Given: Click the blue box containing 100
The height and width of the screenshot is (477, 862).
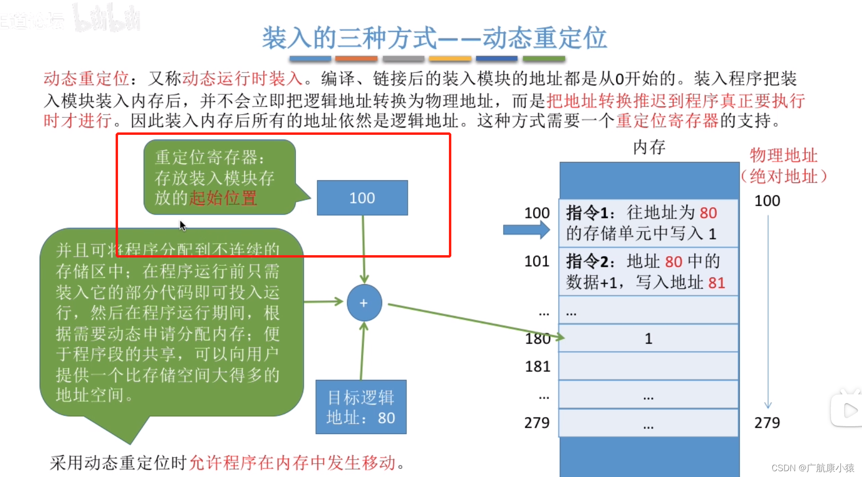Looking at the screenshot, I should coord(362,198).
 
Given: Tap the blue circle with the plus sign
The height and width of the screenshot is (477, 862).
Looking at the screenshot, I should coord(364,303).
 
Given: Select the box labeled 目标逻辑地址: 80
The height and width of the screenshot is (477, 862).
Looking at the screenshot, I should coord(361,407).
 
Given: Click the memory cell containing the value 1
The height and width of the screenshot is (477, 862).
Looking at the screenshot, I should coord(648,338).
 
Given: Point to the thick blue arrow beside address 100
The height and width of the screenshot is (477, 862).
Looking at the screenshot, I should coord(526,230).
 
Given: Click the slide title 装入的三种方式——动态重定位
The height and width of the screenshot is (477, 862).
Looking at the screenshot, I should coord(434,38).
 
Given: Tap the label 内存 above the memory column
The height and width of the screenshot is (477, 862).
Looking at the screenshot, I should coord(649,147).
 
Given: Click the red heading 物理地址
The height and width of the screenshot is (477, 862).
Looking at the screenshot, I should coord(783,156).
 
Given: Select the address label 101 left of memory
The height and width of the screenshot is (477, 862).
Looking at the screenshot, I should coord(537,261).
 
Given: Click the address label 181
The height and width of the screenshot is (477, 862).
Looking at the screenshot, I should coord(537,367).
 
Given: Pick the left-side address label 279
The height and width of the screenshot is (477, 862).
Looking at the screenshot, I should coord(537,423).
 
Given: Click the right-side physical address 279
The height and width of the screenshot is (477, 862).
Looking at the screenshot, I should coord(767,423).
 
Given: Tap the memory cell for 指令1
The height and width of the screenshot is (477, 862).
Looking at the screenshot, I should coord(648,223).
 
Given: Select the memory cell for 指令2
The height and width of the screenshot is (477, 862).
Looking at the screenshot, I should coord(648,272).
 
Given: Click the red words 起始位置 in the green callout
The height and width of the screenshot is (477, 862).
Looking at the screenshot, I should coord(223,198).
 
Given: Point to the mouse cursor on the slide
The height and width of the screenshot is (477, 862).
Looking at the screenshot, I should coord(182,225).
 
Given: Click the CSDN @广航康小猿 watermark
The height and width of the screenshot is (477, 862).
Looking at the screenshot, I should coord(813,468).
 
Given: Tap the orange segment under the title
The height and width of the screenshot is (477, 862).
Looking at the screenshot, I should coord(356,59).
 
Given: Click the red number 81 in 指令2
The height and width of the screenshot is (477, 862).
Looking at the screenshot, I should coord(716,283).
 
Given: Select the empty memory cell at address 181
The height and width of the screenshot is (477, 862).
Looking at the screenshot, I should coord(648,366).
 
